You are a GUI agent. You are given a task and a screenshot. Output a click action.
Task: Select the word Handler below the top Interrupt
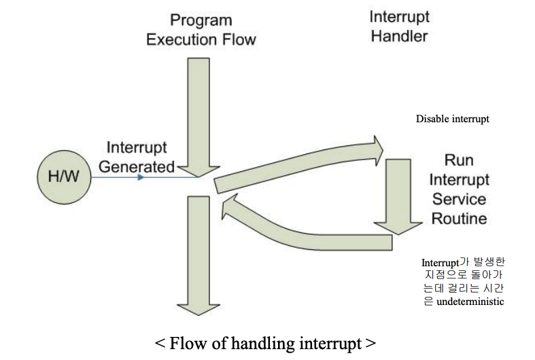pos(400,36)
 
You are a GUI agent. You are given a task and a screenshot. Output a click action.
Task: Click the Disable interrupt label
pos(453,119)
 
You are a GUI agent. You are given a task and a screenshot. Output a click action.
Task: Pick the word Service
pos(460,200)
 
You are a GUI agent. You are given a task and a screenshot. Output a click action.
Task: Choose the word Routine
pos(460,219)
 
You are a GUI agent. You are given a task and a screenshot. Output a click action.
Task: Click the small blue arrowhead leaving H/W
pos(140,178)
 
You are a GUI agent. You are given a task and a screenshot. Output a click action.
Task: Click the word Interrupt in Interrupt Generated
pos(137,147)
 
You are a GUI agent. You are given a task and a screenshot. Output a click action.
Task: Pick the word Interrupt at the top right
pos(400,17)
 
